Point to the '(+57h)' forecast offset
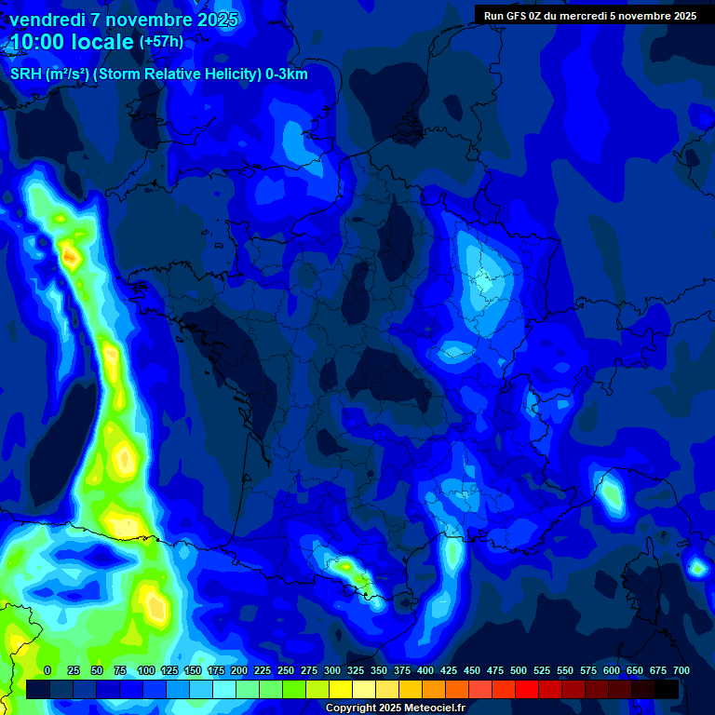tap(161, 42)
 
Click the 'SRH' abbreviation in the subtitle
tap(26, 74)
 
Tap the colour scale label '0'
tap(47, 670)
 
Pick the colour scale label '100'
tap(146, 670)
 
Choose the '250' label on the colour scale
tap(285, 670)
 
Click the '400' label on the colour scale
tap(425, 670)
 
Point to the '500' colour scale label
tap(519, 670)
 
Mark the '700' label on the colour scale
tap(681, 670)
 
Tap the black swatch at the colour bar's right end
tap(667, 689)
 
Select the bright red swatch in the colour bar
tap(527, 689)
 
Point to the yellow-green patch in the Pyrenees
tap(346, 564)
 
